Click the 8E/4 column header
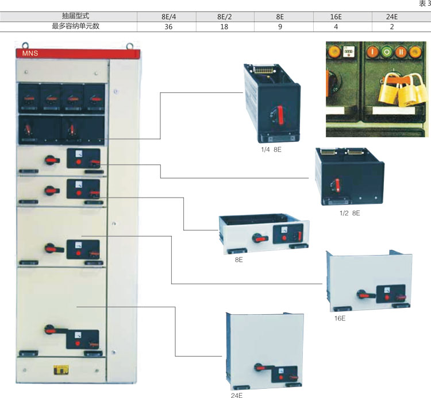169,16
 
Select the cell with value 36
169,26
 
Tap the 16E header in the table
338,16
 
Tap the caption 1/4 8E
269,149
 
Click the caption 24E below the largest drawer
237,395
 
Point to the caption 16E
340,317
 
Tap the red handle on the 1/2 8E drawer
337,185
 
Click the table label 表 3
424,5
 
